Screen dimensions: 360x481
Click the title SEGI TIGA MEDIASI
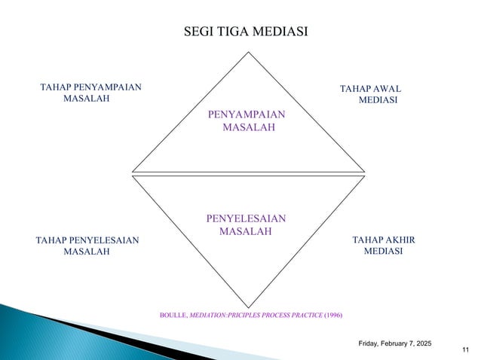coord(247,31)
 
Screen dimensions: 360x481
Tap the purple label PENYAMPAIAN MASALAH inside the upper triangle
coord(247,121)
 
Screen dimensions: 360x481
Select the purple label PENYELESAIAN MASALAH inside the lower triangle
coord(246,224)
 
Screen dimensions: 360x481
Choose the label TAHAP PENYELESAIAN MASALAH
coord(87,245)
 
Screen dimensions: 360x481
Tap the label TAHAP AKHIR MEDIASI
coord(384,245)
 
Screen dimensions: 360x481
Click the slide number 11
coord(463,350)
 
